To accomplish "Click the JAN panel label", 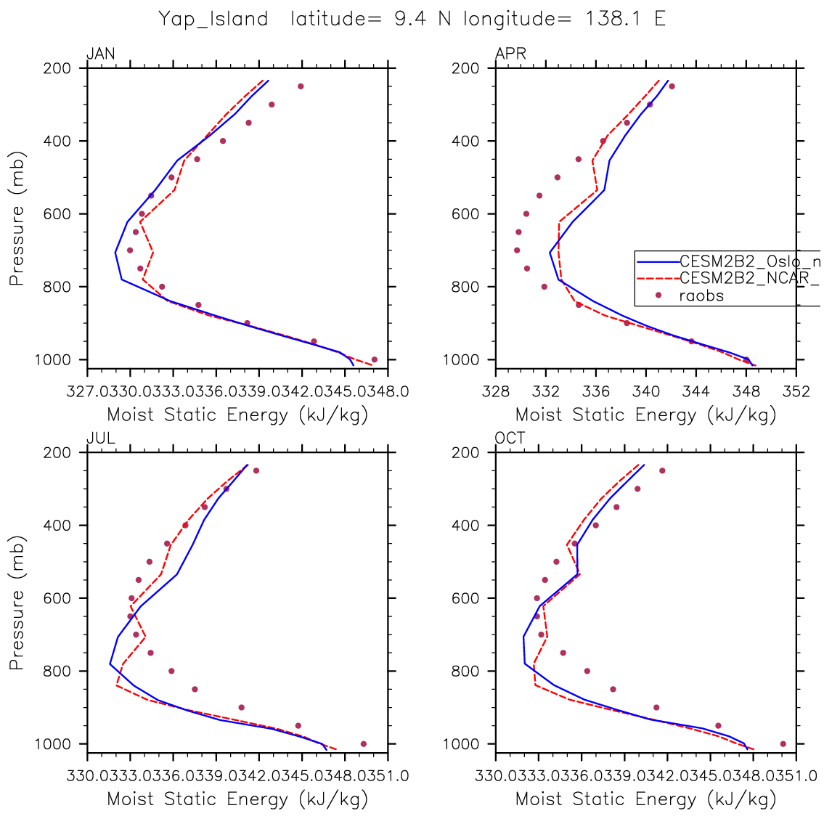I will point(101,54).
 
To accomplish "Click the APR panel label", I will point(510,54).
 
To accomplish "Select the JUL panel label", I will point(101,438).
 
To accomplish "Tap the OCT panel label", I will point(510,438).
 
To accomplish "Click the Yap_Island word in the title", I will point(213,19).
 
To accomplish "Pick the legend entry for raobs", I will point(701,295).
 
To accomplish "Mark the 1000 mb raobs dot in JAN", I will point(375,359).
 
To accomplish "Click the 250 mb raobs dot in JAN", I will point(301,86).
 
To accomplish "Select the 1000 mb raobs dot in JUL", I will point(364,743).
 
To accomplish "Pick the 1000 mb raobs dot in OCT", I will point(783,743).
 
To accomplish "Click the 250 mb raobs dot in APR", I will point(672,86).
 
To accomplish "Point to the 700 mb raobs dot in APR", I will point(517,250).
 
